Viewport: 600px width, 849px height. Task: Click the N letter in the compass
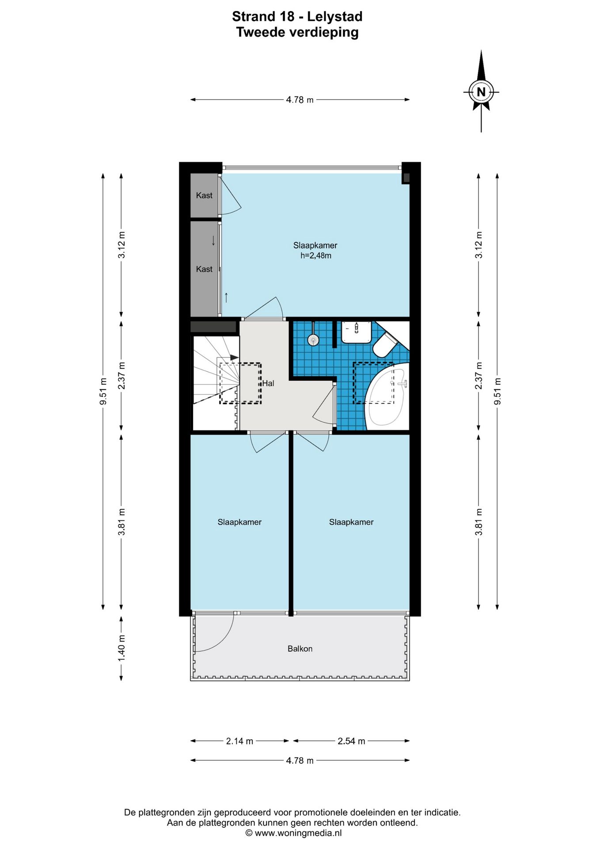(481, 92)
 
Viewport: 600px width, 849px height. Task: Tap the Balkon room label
(300, 649)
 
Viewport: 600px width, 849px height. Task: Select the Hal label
(268, 383)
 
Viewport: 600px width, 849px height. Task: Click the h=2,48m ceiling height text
(315, 256)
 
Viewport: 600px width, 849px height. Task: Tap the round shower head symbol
(313, 340)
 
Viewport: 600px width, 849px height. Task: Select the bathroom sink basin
(356, 332)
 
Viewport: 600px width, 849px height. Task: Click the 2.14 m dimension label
(239, 741)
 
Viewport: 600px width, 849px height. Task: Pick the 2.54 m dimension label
(351, 741)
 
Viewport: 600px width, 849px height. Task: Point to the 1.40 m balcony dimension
(122, 648)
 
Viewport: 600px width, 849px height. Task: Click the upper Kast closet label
(204, 195)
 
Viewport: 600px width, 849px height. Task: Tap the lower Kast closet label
(204, 269)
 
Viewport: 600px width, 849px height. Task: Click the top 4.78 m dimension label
(300, 100)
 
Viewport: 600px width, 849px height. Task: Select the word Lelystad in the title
(334, 17)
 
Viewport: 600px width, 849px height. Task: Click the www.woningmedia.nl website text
(298, 833)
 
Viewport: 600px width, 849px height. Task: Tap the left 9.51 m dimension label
(103, 391)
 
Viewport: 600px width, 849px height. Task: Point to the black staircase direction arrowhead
(234, 357)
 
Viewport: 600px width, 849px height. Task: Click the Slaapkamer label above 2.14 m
(239, 522)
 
